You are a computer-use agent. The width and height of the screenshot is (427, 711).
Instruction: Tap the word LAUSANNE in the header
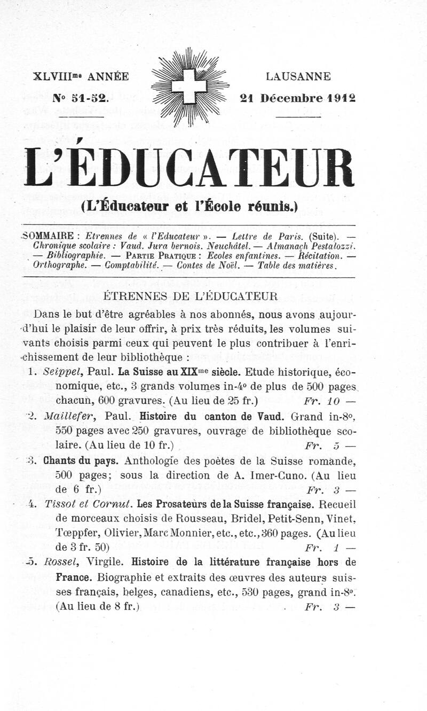(x=299, y=77)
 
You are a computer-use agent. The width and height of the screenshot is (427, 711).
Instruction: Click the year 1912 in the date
(x=342, y=98)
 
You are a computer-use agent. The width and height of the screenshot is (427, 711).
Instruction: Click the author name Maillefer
(x=74, y=416)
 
